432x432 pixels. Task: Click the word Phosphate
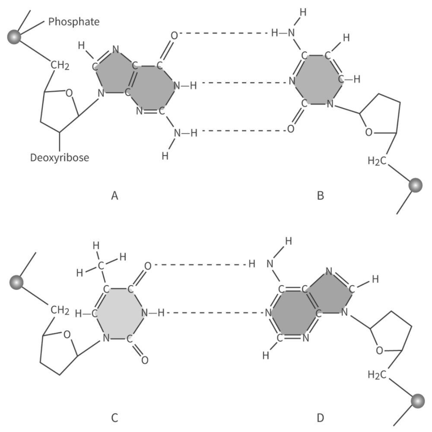point(74,22)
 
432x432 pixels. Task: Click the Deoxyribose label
point(60,158)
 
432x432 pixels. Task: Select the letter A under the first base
point(114,196)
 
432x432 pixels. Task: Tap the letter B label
point(321,196)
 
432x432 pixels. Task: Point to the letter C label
point(114,418)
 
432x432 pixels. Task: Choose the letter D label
point(321,418)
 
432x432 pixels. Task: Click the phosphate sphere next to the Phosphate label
point(14,37)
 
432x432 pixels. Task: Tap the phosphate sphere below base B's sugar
point(416,185)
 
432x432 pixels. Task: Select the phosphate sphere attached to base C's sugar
point(16,283)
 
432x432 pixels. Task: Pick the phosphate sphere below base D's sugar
point(418,401)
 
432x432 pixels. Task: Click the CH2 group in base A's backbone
point(60,66)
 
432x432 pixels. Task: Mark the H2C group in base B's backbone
point(377,161)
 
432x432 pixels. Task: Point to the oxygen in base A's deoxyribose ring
point(69,93)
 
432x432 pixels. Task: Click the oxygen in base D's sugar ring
point(380,351)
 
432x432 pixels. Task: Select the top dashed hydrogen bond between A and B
point(224,33)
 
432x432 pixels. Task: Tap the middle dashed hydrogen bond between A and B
point(244,83)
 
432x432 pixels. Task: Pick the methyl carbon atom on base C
point(101,266)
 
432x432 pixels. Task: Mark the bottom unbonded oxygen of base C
point(145,360)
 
